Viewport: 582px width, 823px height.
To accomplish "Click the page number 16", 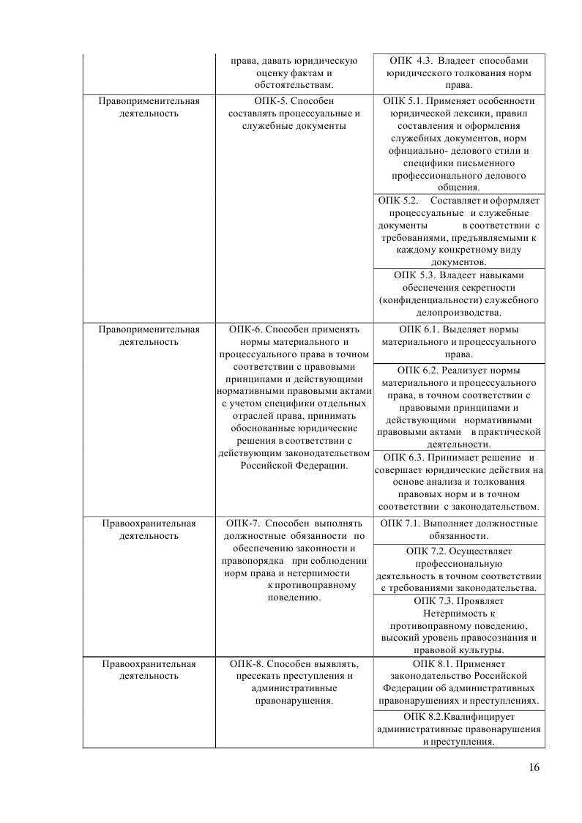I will [x=533, y=767].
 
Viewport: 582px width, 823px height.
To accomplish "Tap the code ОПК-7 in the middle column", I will [x=248, y=524].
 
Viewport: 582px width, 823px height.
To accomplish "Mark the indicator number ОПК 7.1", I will [x=402, y=524].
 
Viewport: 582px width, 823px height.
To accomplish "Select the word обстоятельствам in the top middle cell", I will [x=293, y=85].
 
